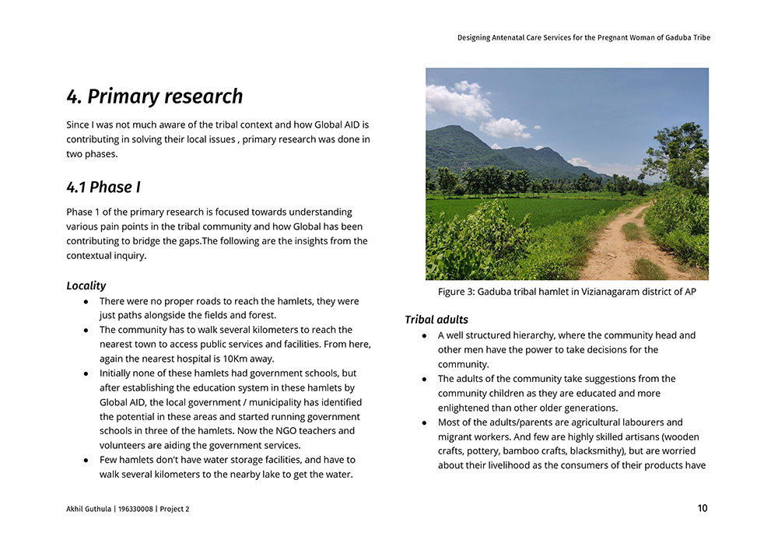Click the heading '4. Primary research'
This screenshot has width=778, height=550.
point(155,96)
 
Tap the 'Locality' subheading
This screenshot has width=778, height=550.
point(86,286)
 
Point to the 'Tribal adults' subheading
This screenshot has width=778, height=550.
point(436,320)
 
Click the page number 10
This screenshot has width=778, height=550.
point(703,509)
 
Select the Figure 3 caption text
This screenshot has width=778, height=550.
point(566,292)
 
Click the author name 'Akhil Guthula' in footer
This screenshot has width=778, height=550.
point(90,510)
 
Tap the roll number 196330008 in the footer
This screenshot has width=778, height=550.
point(135,510)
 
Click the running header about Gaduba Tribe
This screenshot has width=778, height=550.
point(583,37)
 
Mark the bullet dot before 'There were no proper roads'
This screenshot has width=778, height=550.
point(86,301)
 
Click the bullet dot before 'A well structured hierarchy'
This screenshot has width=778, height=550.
point(425,336)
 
